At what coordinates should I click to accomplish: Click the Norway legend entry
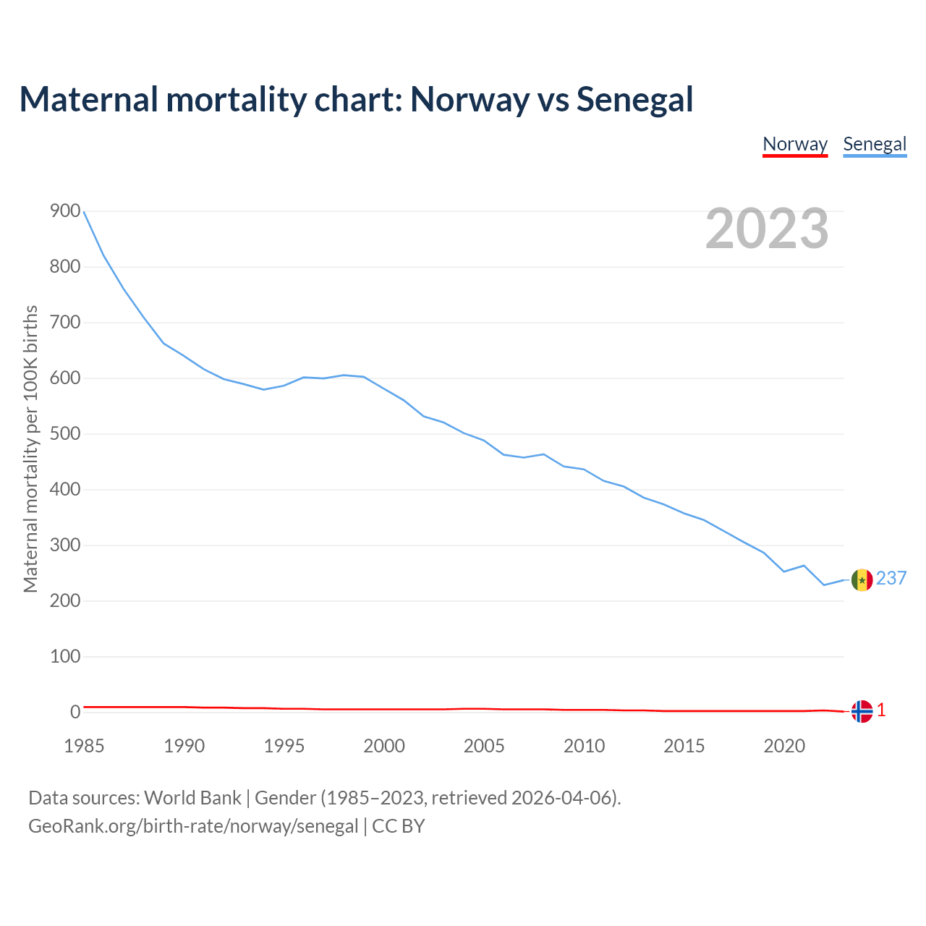pyautogui.click(x=795, y=144)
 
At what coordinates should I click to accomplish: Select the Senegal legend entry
pyautogui.click(x=875, y=144)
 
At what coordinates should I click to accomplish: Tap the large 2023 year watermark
pyautogui.click(x=767, y=229)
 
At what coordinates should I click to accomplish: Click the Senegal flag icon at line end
pyautogui.click(x=862, y=579)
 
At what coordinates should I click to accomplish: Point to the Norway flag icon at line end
pyautogui.click(x=862, y=711)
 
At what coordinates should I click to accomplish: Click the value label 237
pyautogui.click(x=891, y=578)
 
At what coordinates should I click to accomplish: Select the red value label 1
pyautogui.click(x=881, y=710)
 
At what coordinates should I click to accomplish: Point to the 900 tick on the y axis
pyautogui.click(x=65, y=211)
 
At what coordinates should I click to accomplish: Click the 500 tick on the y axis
pyautogui.click(x=65, y=434)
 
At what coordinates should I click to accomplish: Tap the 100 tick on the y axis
pyautogui.click(x=65, y=657)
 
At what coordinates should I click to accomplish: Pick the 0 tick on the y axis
pyautogui.click(x=75, y=713)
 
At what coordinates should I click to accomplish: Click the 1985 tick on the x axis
pyautogui.click(x=84, y=746)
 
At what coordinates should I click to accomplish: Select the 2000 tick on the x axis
pyautogui.click(x=384, y=746)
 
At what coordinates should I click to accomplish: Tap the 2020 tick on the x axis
pyautogui.click(x=784, y=746)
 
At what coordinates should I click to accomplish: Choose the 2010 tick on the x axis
pyautogui.click(x=584, y=746)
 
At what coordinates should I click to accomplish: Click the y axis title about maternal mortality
pyautogui.click(x=30, y=449)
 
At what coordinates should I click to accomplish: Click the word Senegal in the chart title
pyautogui.click(x=634, y=99)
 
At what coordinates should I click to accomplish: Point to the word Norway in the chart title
pyautogui.click(x=470, y=99)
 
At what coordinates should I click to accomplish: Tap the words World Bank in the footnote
pyautogui.click(x=192, y=798)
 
